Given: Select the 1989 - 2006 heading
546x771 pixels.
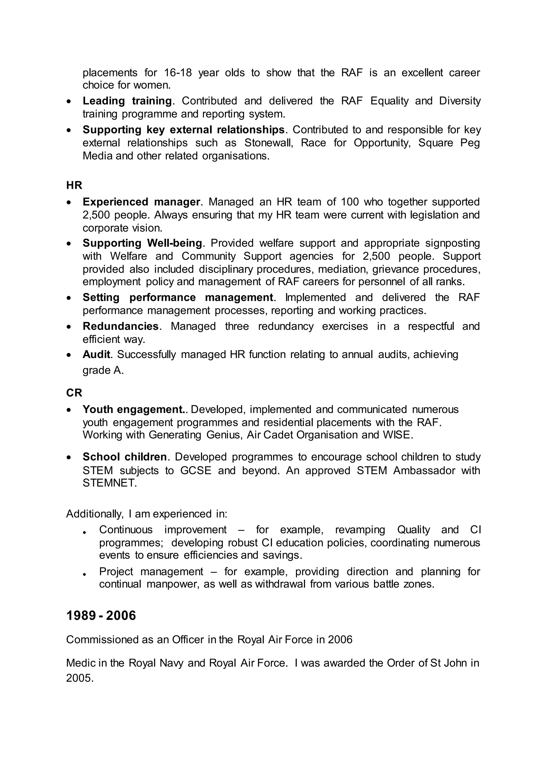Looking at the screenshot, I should (101, 616).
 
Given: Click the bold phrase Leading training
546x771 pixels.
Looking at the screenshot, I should (127, 101).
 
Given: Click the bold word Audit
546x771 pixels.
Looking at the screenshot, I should (97, 354).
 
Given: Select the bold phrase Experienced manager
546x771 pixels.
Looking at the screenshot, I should (142, 202).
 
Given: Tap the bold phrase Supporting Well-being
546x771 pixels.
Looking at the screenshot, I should (142, 243).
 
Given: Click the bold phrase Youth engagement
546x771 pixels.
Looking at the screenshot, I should (134, 409).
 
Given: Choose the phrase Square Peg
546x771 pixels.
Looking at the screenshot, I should (449, 143).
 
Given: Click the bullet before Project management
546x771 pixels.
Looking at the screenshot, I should (85, 575).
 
